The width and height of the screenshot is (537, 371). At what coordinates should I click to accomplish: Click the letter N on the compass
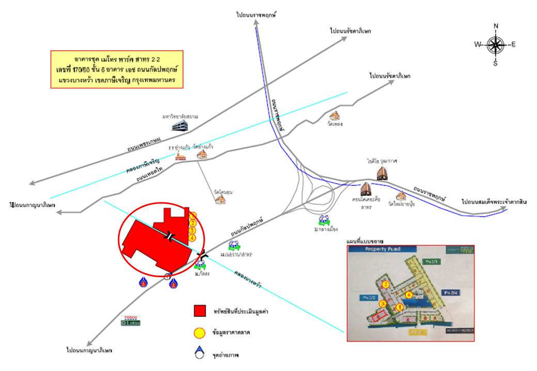[496, 26]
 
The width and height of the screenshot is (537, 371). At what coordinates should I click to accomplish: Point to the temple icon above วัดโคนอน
[221, 199]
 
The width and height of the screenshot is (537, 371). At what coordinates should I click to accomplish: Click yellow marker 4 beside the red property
[192, 238]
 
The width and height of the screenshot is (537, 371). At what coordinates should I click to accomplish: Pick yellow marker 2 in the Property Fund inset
[385, 284]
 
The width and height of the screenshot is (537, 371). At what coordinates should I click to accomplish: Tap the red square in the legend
[200, 311]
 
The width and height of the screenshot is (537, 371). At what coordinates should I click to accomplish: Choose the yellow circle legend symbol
[200, 333]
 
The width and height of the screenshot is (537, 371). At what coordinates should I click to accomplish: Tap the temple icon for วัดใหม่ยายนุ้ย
[401, 196]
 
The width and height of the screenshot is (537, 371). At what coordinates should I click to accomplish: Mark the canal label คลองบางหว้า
[247, 278]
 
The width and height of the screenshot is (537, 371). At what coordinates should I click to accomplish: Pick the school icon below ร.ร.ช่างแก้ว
[180, 157]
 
